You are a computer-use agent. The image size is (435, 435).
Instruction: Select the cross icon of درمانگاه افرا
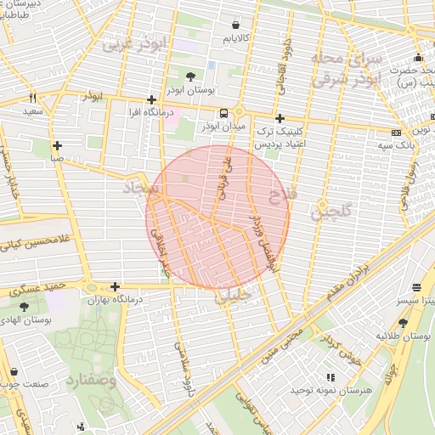[151, 99]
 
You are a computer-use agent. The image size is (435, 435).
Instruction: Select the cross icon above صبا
[58, 145]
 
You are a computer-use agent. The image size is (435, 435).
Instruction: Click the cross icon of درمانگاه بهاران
[115, 287]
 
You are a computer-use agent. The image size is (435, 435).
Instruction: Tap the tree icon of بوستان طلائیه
[403, 322]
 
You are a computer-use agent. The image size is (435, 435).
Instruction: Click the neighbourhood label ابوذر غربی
[137, 44]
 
